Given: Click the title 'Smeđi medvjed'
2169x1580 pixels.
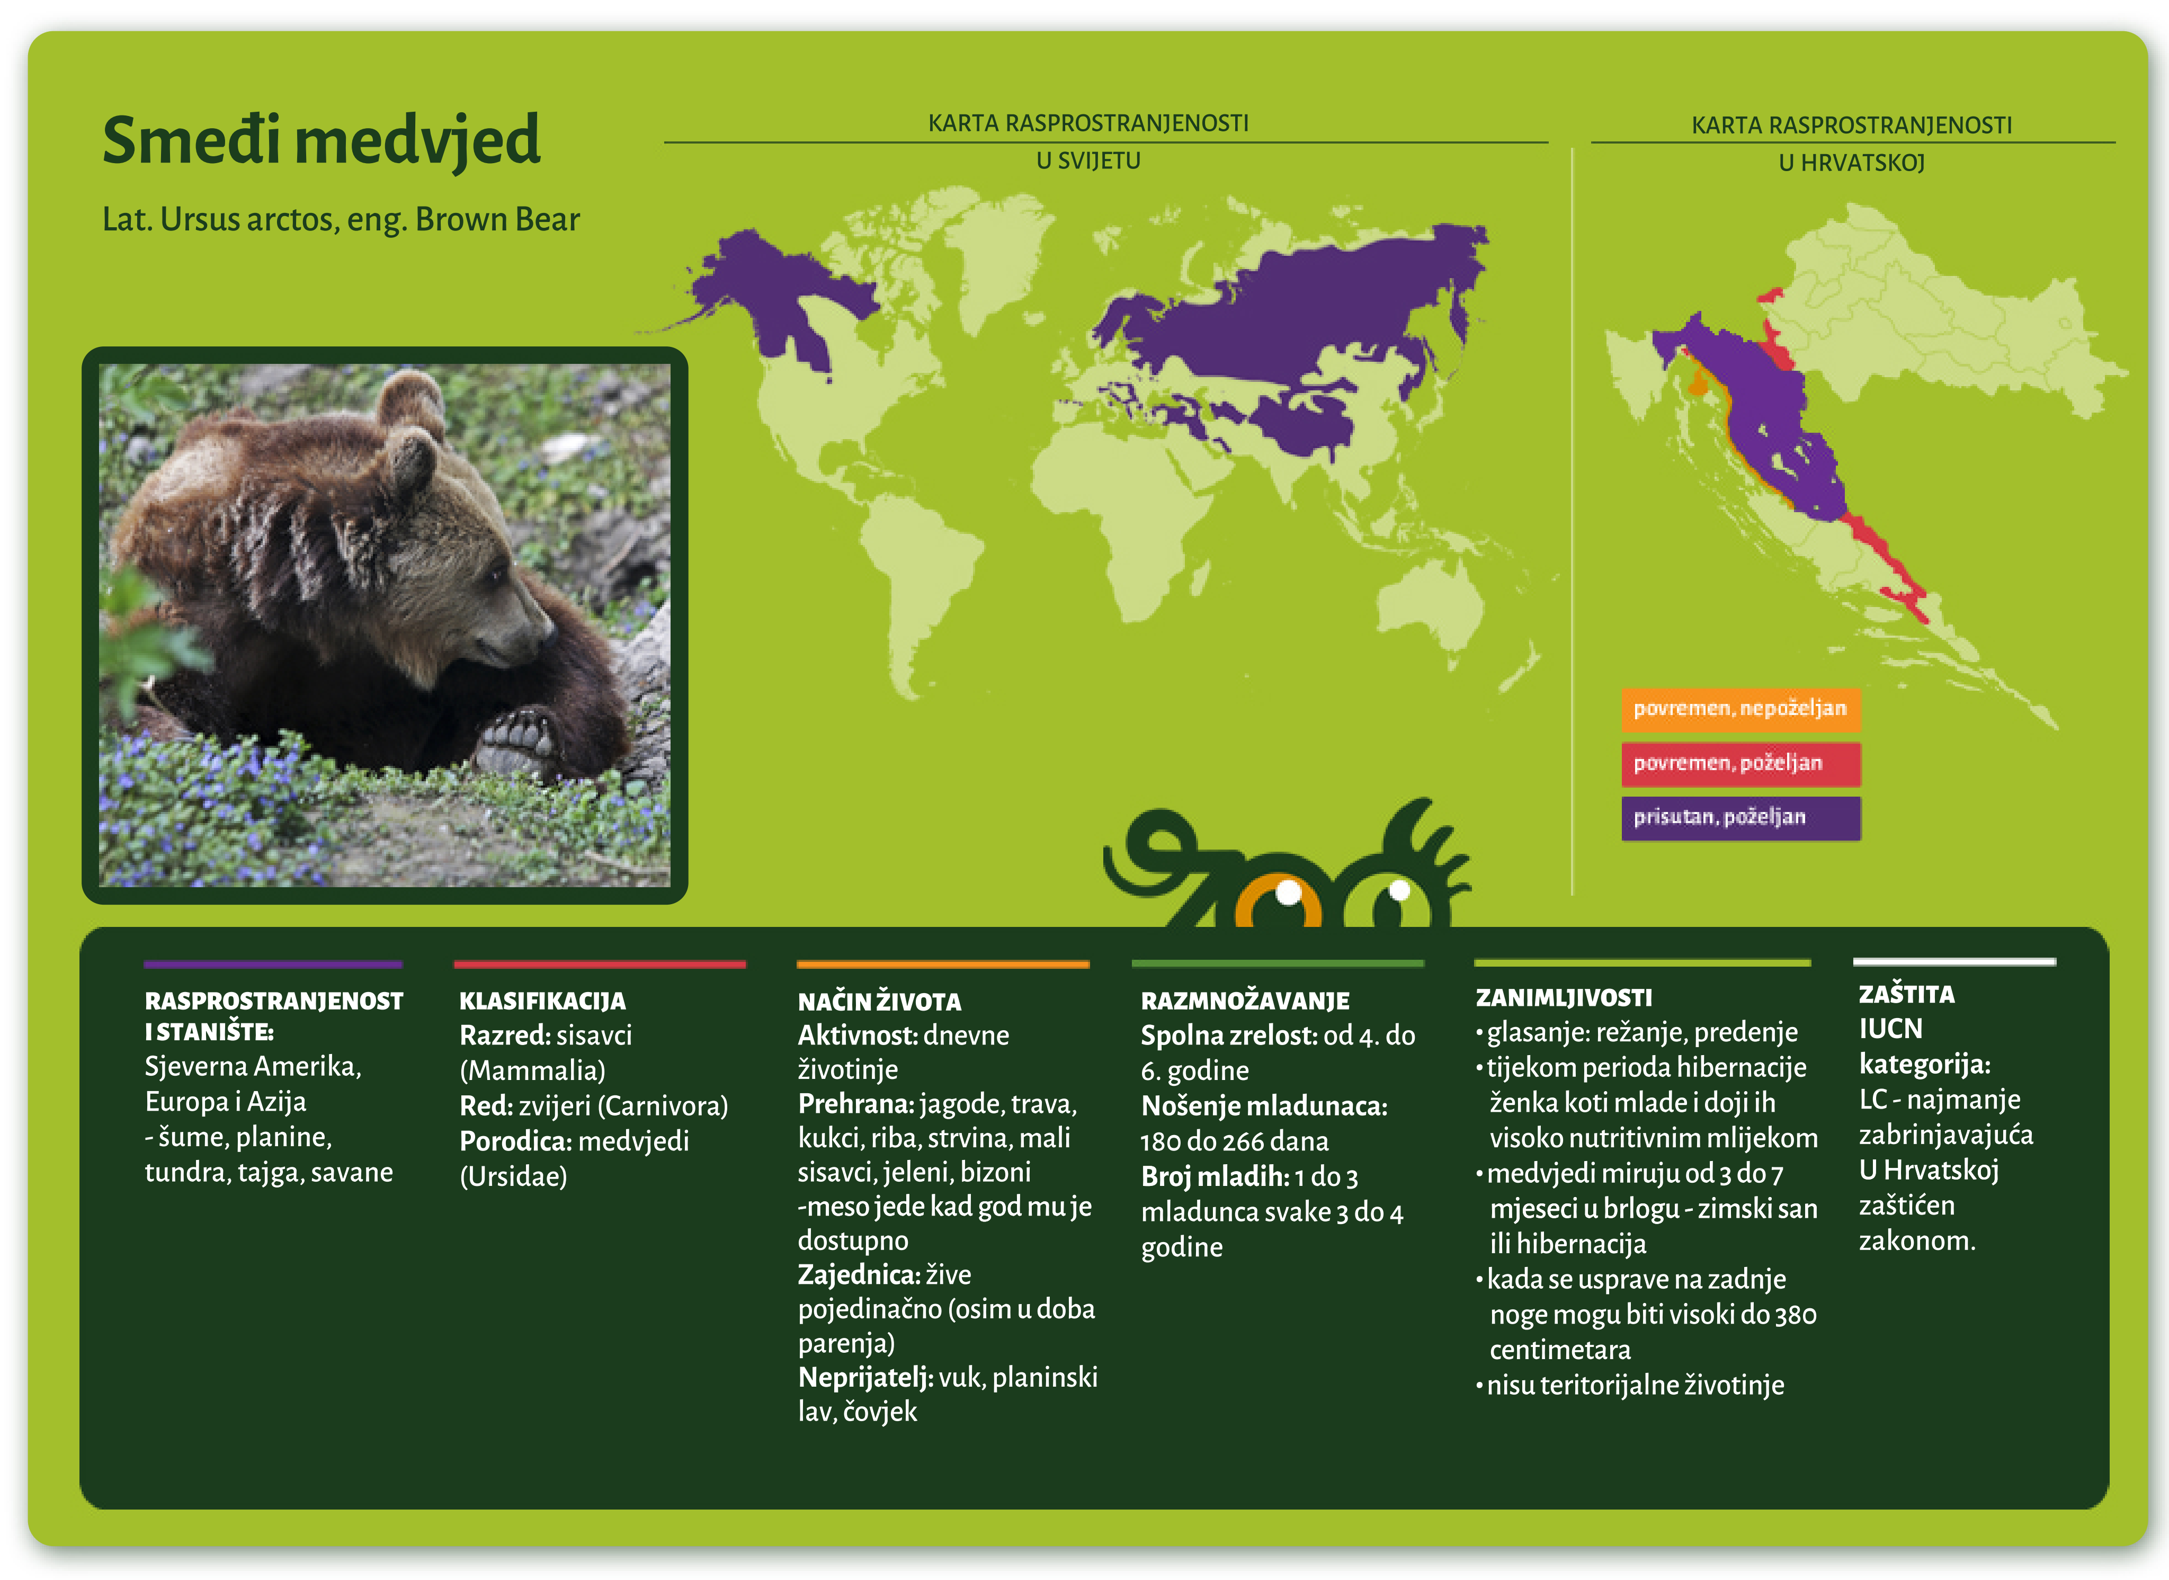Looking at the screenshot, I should (x=322, y=140).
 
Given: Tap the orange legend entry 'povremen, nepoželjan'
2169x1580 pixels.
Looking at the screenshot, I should (x=1739, y=709).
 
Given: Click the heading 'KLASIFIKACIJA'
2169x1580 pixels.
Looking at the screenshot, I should (x=542, y=1002).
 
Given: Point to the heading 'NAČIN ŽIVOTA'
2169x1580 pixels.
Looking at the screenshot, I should (x=879, y=1002).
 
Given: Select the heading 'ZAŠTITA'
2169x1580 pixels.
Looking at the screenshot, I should (x=1906, y=995).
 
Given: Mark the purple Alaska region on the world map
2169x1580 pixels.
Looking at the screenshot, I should (x=755, y=273).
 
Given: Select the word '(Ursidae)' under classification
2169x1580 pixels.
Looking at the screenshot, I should (x=514, y=1176).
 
